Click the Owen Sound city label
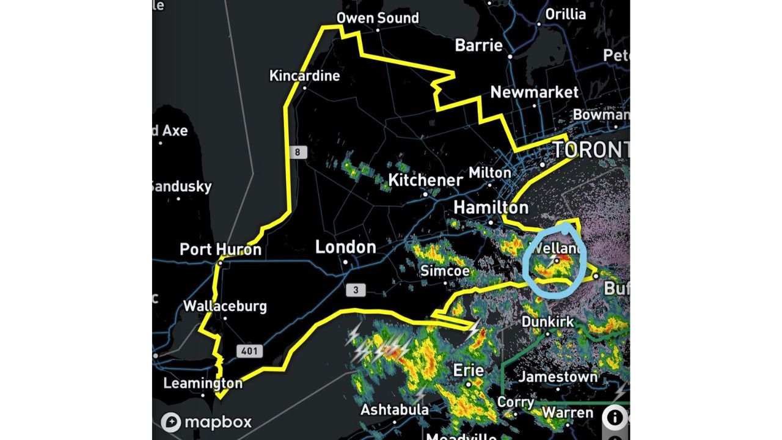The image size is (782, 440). (x=378, y=18)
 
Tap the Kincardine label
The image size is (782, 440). (x=304, y=76)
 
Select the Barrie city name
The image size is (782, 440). (x=479, y=45)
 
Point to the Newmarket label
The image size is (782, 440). (x=534, y=92)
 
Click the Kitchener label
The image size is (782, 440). (x=426, y=180)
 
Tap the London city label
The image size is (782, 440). (x=345, y=248)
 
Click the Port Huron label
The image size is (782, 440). (x=221, y=249)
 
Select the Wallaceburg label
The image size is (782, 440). (x=225, y=306)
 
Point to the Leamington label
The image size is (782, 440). (x=203, y=384)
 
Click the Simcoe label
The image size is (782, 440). (x=445, y=271)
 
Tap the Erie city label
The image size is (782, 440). (x=469, y=370)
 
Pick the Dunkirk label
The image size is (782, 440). (x=547, y=321)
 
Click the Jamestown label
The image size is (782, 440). (x=558, y=377)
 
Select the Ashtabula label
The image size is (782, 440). (x=394, y=409)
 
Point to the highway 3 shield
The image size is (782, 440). (x=356, y=290)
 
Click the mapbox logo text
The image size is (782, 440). (x=217, y=422)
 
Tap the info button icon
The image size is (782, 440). (x=614, y=418)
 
